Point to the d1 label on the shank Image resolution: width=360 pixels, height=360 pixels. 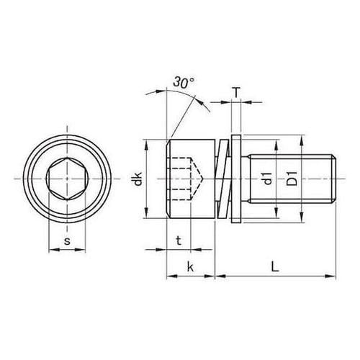265,179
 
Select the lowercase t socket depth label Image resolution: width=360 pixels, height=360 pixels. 178,240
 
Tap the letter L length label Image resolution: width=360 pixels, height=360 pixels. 276,266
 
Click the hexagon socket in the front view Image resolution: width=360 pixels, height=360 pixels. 70,177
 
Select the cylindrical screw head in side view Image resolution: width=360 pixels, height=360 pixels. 191,177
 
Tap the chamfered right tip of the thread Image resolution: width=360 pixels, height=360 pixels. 334,177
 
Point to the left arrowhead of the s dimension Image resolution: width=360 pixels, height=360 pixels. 51,251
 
